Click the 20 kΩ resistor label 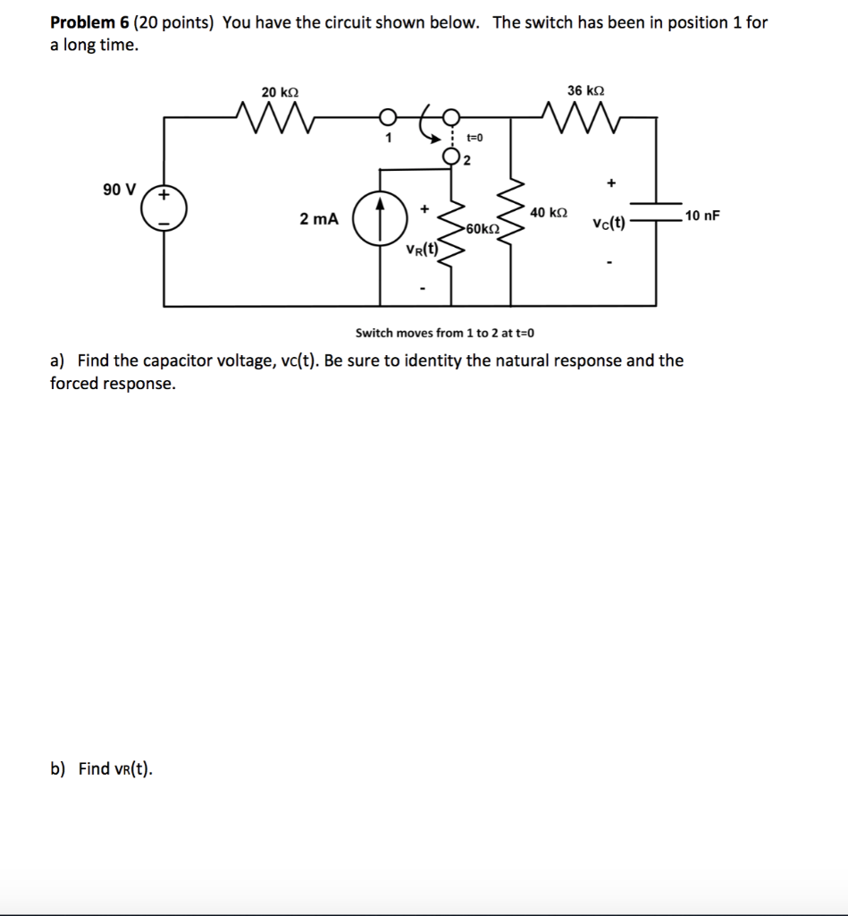pyautogui.click(x=280, y=91)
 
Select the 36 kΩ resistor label pyautogui.click(x=585, y=89)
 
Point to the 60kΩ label pyautogui.click(x=483, y=228)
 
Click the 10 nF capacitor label pyautogui.click(x=701, y=216)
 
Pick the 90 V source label pyautogui.click(x=119, y=190)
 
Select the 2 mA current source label pyautogui.click(x=319, y=219)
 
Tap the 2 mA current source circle pyautogui.click(x=376, y=219)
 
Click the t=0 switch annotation pyautogui.click(x=474, y=138)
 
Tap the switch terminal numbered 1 pyautogui.click(x=387, y=117)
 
